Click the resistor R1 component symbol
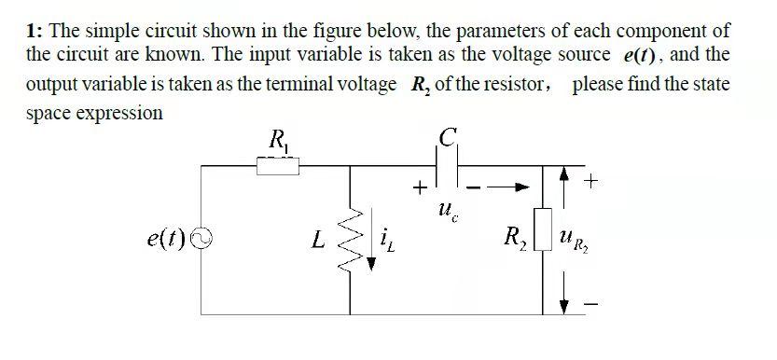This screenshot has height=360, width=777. [277, 166]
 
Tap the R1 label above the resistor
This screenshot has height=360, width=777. [278, 143]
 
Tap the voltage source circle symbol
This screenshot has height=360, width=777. [196, 240]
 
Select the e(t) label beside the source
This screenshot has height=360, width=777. [165, 240]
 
